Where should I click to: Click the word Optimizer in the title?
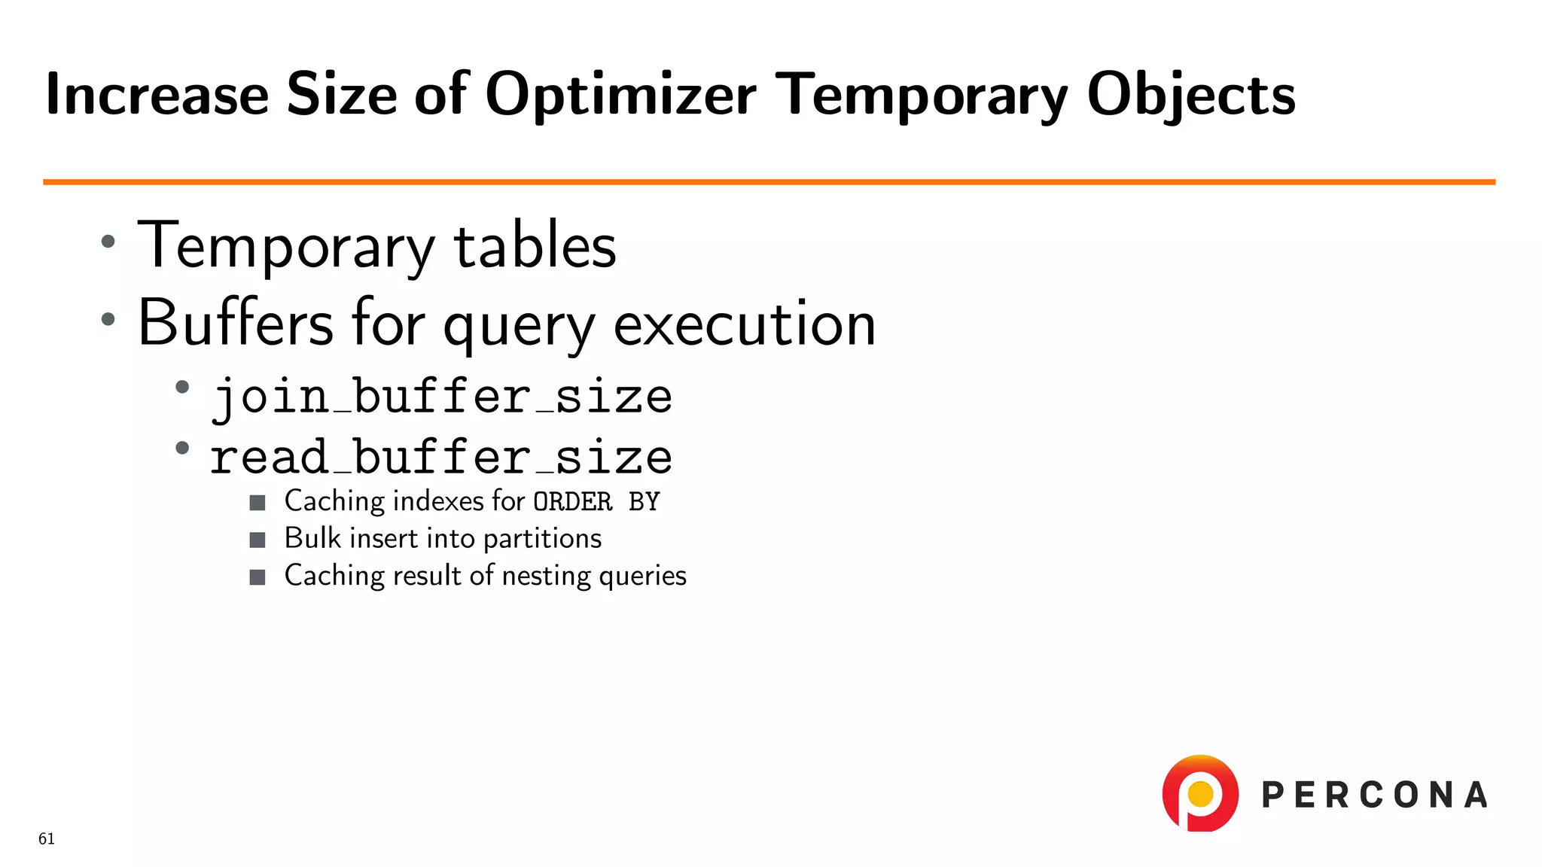pos(620,96)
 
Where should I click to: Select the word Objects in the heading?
pos(1190,96)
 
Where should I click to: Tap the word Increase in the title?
pos(157,96)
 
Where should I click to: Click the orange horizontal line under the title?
pos(768,181)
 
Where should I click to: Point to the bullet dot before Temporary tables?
pos(108,242)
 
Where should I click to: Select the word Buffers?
pos(235,323)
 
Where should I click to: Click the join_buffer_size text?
pos(441,397)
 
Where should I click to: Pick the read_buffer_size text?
pos(441,457)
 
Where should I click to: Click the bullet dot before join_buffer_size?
pos(181,388)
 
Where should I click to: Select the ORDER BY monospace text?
pos(596,502)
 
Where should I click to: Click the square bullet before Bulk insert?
pos(258,540)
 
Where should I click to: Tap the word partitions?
pos(542,539)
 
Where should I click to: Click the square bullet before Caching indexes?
pos(258,503)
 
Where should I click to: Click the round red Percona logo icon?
pos(1200,793)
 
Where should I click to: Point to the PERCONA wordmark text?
pos(1374,796)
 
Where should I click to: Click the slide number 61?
pos(47,839)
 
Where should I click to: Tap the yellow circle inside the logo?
pos(1200,793)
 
